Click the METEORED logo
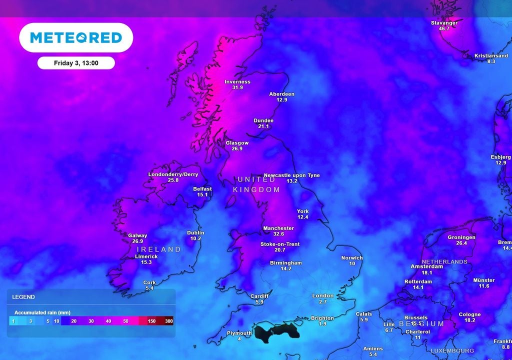pos(76,37)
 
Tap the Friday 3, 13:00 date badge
pos(76,63)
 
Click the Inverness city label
pos(237,82)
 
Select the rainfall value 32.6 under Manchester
pos(278,234)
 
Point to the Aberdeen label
pos(282,94)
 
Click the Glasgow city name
pos(237,142)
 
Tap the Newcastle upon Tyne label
pos(291,175)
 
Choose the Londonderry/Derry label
pos(173,174)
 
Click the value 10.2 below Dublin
pos(195,238)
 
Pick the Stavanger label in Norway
pos(444,23)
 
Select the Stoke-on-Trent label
pos(280,244)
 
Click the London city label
pos(323,296)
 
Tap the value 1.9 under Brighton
pos(322,324)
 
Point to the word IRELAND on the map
pos(159,249)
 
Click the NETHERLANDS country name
pos(444,261)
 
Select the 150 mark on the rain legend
pos(152,321)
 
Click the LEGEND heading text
pos(23,297)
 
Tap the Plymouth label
pos(239,333)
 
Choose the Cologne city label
pos(469,314)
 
